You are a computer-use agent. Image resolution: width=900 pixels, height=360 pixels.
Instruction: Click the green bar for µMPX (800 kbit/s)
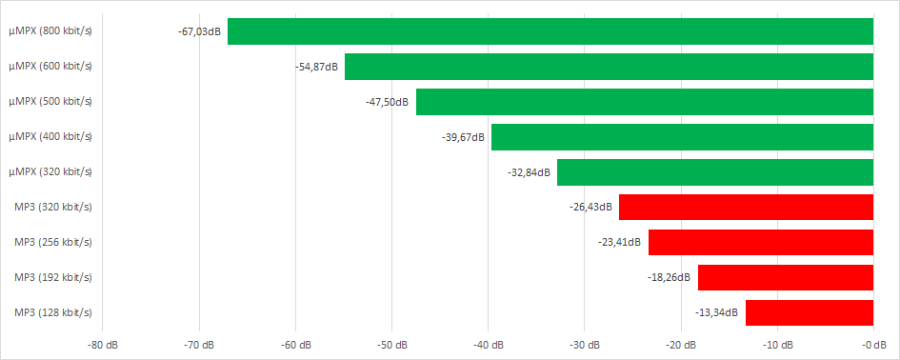(x=550, y=31)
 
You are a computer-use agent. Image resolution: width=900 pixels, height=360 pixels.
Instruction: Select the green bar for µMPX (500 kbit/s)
(x=645, y=102)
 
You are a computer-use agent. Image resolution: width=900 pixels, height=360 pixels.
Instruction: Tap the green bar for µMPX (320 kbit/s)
(x=715, y=172)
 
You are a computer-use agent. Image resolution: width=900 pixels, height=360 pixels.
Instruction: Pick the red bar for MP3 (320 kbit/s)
(x=746, y=208)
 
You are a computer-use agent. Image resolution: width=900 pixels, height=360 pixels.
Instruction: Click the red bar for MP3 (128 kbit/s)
(x=810, y=312)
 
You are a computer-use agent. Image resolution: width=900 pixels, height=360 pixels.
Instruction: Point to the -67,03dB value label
(x=199, y=31)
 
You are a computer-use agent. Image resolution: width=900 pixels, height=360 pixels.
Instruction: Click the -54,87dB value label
(x=318, y=67)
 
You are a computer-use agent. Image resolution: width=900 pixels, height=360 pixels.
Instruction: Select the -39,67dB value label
(x=464, y=137)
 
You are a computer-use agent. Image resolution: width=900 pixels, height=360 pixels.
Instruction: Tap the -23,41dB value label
(x=621, y=242)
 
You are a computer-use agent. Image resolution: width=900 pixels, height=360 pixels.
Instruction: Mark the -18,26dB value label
(x=670, y=277)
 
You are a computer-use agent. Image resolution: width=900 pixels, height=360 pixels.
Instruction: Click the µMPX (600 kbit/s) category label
(x=50, y=67)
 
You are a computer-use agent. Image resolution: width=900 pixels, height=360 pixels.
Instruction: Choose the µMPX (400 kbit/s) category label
(x=50, y=137)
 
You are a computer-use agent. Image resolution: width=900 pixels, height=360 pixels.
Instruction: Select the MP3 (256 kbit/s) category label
(x=53, y=242)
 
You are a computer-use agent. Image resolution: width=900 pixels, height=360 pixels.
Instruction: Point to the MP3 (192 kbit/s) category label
(x=53, y=277)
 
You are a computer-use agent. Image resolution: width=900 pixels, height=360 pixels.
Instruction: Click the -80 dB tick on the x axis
(x=103, y=344)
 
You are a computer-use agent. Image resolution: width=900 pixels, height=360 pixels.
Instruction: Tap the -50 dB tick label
(x=391, y=344)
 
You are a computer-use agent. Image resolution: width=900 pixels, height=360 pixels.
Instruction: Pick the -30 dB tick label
(x=584, y=344)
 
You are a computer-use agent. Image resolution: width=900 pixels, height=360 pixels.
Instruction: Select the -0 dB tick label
(x=873, y=344)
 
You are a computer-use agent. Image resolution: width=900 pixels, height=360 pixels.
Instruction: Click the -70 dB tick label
(x=199, y=344)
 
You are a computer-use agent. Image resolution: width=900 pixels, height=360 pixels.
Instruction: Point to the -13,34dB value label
(x=717, y=312)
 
